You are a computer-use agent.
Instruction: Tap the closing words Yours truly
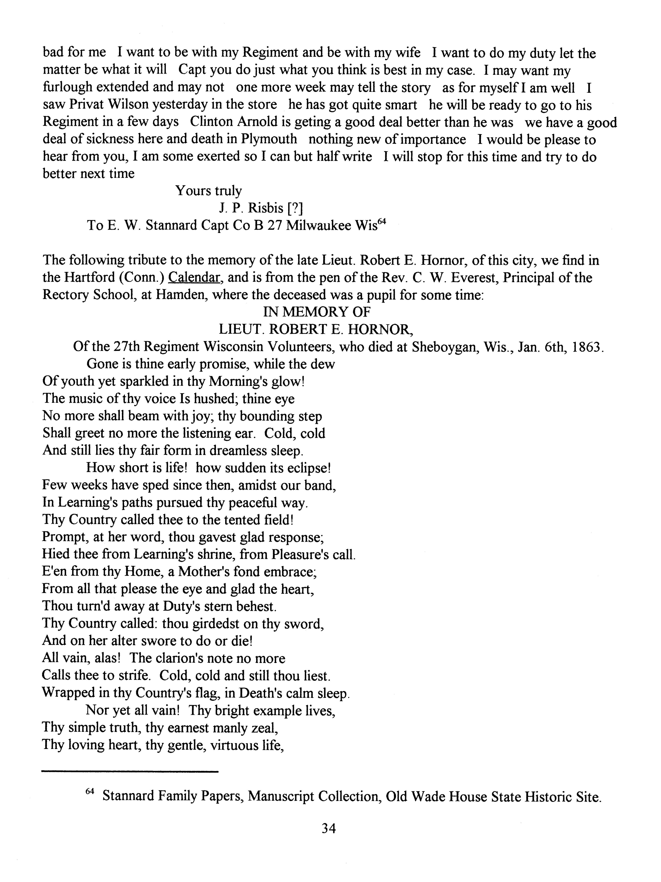pyautogui.click(x=209, y=191)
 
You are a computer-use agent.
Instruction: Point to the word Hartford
pyautogui.click(x=82, y=277)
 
